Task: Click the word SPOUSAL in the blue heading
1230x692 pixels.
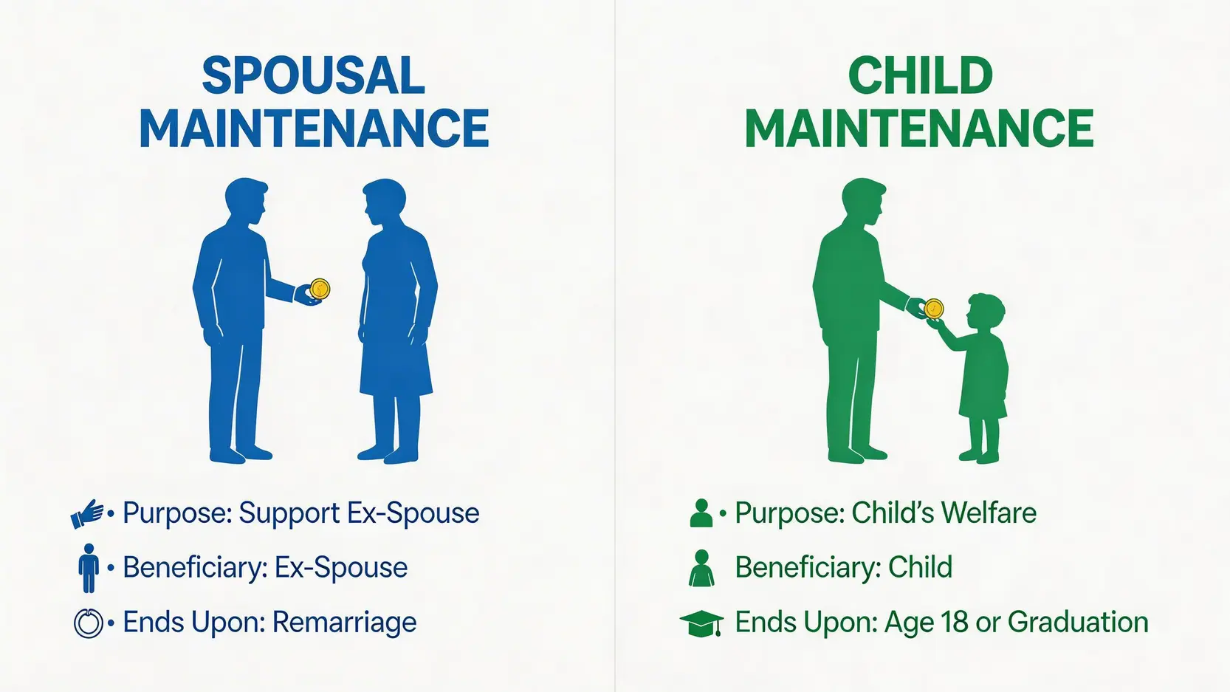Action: coord(314,75)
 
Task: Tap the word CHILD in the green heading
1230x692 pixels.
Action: coord(921,75)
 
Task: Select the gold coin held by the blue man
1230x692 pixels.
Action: coord(320,289)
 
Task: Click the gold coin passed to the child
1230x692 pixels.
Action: coord(933,309)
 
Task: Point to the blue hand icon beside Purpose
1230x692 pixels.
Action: coord(87,513)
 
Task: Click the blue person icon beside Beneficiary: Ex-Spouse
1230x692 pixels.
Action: coord(89,568)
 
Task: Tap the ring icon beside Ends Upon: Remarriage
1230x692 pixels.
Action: coord(89,623)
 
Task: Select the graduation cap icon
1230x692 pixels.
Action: coord(702,623)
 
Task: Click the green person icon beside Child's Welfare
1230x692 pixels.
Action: coord(701,513)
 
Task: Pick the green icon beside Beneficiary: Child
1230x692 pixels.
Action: coord(701,568)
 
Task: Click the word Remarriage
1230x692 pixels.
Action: coord(344,623)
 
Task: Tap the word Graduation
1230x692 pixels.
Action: coord(1078,623)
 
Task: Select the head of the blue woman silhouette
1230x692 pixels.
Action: coord(384,201)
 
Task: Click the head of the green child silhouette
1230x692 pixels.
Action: coord(985,312)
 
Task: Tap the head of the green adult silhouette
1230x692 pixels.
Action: coord(864,200)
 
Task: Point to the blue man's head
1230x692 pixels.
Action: coord(246,200)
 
